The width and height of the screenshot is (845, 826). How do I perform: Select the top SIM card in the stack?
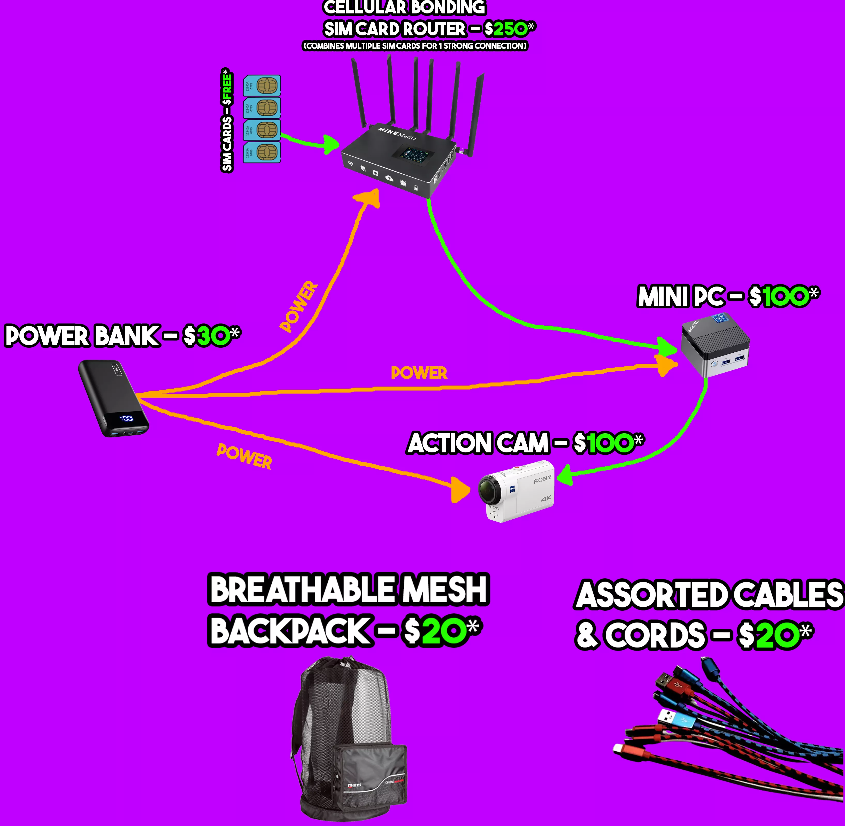pos(262,85)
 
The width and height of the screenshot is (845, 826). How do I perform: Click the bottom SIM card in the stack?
pos(262,152)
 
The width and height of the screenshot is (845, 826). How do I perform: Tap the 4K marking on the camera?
pos(546,498)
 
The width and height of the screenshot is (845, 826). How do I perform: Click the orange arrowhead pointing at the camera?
pos(460,490)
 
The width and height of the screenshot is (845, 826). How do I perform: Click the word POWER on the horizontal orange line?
pos(419,373)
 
